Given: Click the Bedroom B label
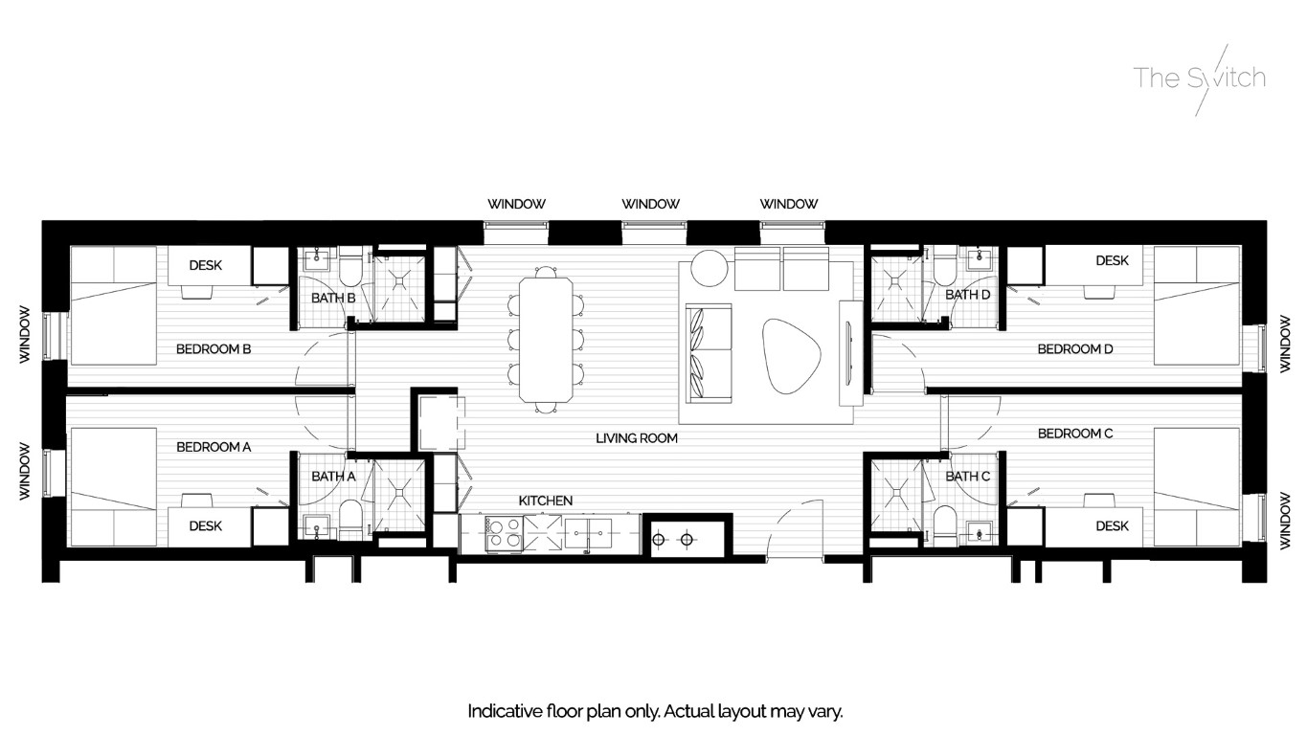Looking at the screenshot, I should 213,349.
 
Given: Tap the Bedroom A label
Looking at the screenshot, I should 213,447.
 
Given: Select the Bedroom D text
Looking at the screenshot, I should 1074,349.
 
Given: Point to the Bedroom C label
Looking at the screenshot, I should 1074,434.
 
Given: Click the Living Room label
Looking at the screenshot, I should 636,438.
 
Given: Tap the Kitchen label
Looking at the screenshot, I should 545,501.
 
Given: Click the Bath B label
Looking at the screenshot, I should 332,299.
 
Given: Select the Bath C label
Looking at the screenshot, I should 967,476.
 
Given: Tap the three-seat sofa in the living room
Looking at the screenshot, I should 709,352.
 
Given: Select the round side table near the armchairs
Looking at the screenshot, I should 710,268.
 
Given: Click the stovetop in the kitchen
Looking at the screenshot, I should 504,533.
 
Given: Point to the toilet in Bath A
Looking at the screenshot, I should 350,519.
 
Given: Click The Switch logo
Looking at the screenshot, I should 1199,78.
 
